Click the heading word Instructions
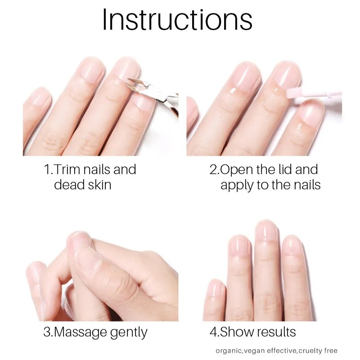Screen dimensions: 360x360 177,20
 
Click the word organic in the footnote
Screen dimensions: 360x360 229,351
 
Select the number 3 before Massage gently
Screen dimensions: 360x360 46,333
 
